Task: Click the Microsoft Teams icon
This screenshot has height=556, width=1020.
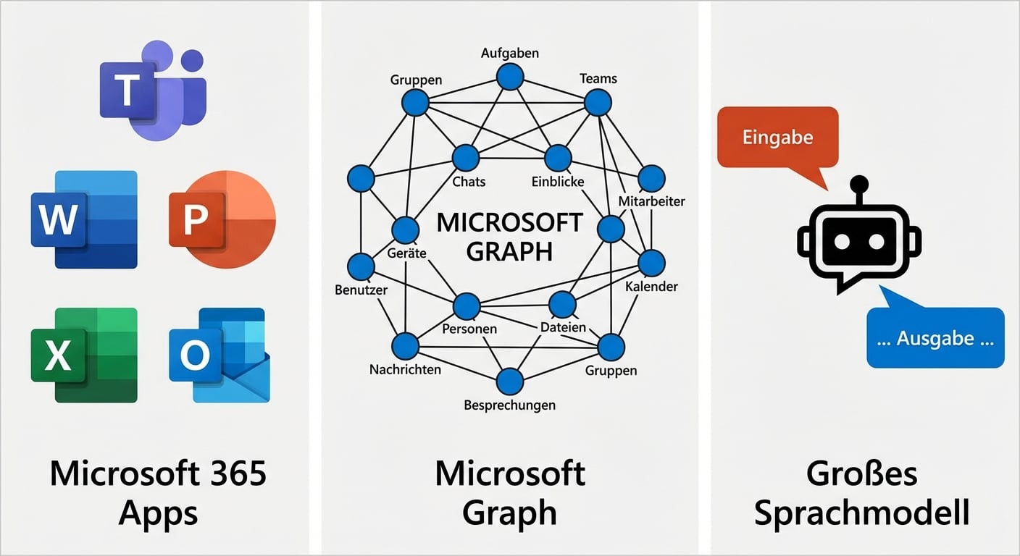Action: pos(153,90)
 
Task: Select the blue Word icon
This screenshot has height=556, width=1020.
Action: pos(84,219)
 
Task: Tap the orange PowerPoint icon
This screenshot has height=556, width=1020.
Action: pos(222,219)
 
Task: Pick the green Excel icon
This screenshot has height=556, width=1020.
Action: pos(84,355)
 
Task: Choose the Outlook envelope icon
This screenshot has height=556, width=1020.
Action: pos(220,355)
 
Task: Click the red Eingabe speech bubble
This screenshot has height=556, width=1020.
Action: pos(777,138)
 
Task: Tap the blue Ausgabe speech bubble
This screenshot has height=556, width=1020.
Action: pos(935,338)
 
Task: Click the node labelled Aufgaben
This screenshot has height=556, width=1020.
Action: pos(510,77)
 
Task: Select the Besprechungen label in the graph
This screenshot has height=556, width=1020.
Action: pos(509,405)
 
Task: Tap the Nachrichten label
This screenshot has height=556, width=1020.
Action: pos(405,369)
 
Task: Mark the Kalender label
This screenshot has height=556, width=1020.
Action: pos(651,286)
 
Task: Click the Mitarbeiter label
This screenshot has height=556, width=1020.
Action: pos(651,201)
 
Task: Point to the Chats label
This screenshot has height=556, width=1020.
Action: pos(469,182)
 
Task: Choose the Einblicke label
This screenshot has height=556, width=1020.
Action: pos(557,182)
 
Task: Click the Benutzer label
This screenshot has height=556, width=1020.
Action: pos(361,290)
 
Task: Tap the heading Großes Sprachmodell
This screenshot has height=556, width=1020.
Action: pos(861,493)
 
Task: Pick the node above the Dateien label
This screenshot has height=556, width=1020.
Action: pos(562,305)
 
